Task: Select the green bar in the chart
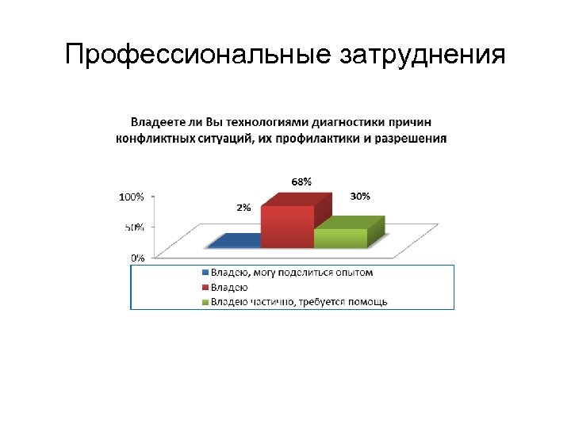[x=341, y=238]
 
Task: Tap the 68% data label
[x=301, y=182]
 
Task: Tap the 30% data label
[x=360, y=197]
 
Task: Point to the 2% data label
[x=243, y=208]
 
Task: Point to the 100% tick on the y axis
[x=132, y=197]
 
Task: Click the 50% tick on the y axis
[x=134, y=227]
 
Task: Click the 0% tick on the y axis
[x=137, y=257]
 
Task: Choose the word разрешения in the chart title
[x=412, y=138]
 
